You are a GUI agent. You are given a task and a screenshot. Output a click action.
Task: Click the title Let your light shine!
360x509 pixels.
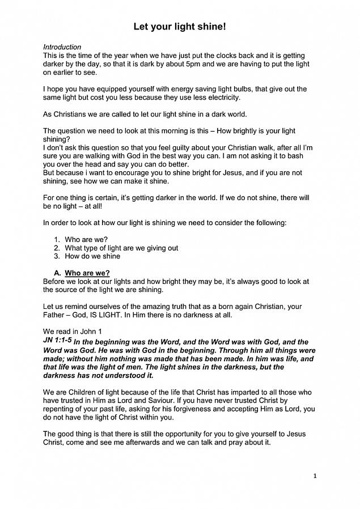pos(180,27)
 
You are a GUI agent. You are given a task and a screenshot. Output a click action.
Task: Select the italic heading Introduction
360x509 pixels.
pos(62,47)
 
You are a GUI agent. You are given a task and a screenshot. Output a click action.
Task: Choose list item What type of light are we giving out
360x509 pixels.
pos(121,248)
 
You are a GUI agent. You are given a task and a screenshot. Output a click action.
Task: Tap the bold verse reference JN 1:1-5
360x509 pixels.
pos(57,341)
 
